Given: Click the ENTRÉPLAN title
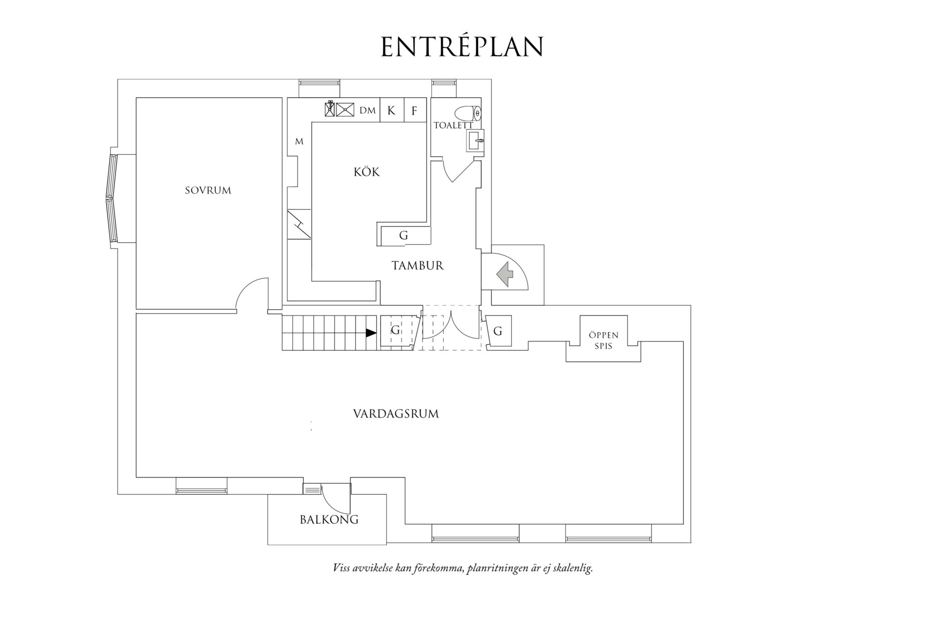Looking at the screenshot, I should pos(462,47).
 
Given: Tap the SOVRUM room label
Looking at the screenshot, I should pos(208,191).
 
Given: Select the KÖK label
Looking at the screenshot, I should pos(367,172).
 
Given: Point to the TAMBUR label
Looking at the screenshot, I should pos(417,266).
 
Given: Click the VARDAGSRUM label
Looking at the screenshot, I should pos(396,414).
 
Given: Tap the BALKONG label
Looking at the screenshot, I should pos(329,520).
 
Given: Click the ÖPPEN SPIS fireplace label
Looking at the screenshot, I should pos(603,340).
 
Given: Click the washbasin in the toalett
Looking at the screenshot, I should pos(474,140).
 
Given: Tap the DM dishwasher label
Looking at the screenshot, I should pos(367,111).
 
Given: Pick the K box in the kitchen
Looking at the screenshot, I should pos(391,110).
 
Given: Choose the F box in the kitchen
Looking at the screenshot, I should pos(415,111).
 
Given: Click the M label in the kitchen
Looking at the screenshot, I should pos(299,142).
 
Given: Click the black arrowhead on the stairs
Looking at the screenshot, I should pos(371,333).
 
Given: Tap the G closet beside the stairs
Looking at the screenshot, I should pos(395,330).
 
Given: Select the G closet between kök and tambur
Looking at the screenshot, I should pos(404,235).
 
